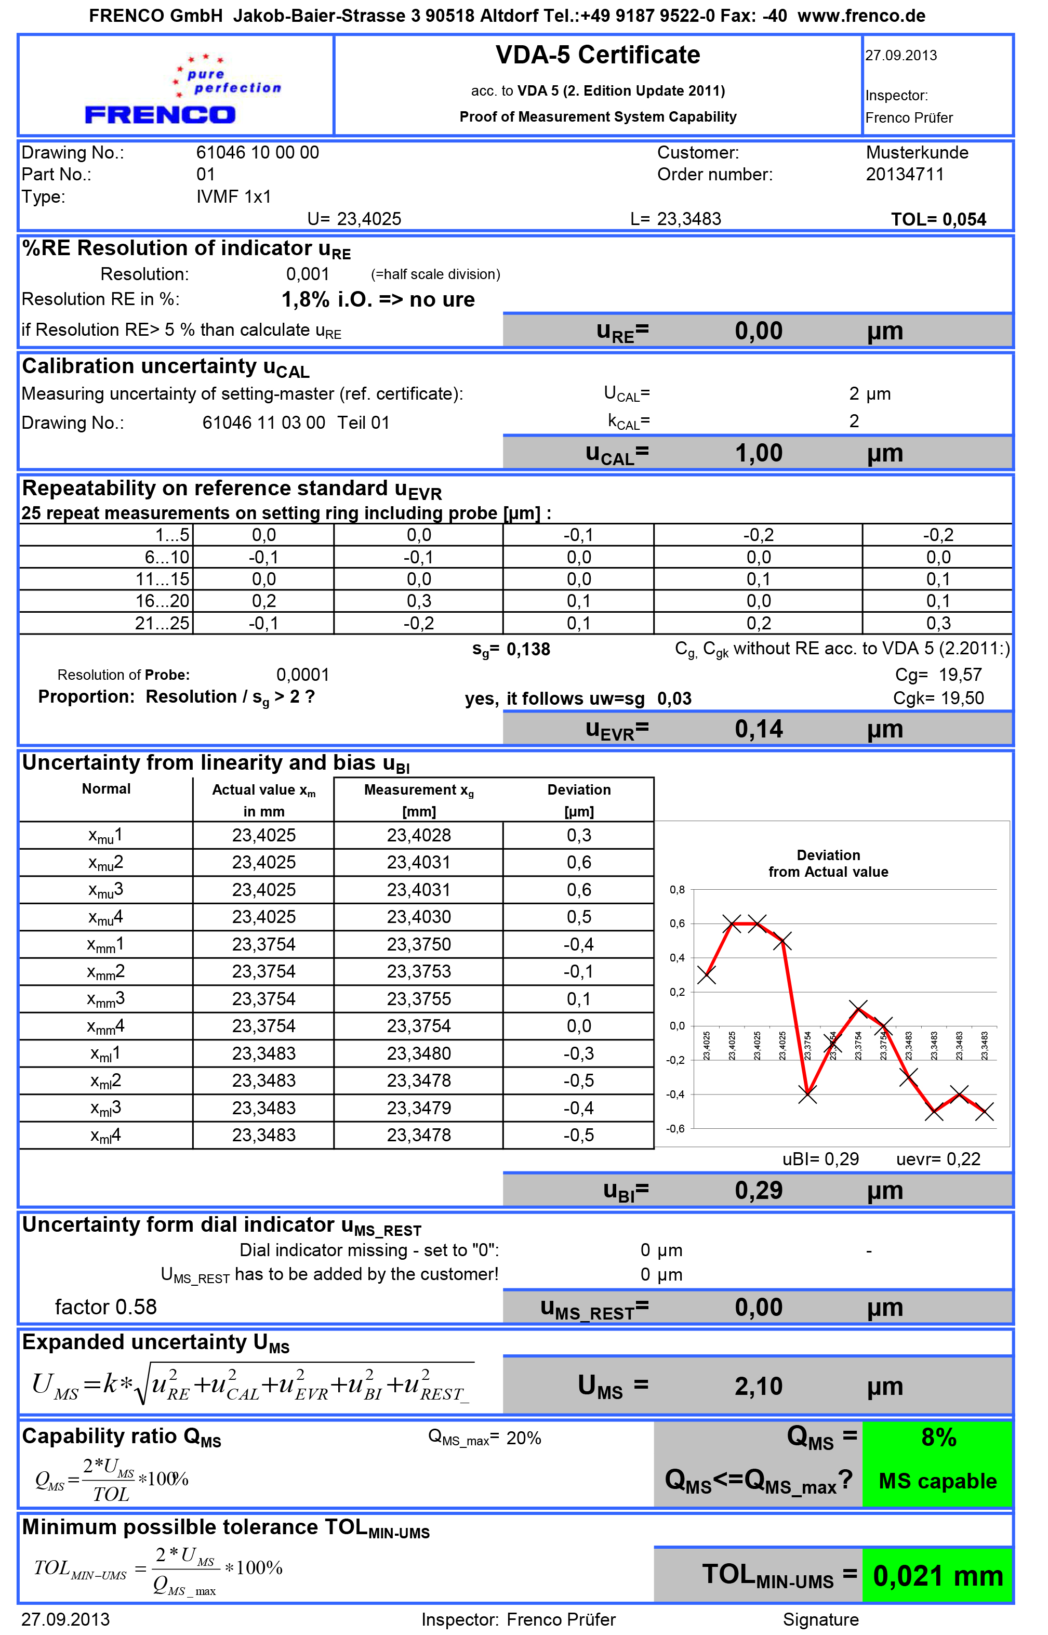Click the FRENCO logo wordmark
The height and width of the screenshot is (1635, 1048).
click(x=160, y=115)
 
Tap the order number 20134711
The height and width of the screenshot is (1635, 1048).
click(x=905, y=175)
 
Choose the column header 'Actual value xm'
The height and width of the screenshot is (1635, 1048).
click(x=263, y=790)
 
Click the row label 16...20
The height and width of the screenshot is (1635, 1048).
click(x=162, y=601)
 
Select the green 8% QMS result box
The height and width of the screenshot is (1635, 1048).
click(x=938, y=1437)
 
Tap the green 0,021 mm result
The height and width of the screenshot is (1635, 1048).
click(x=938, y=1576)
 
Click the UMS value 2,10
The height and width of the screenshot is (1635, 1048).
click(x=758, y=1387)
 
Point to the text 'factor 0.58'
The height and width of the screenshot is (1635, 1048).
click(x=105, y=1307)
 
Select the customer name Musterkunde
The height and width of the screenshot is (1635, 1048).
click(x=917, y=152)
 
